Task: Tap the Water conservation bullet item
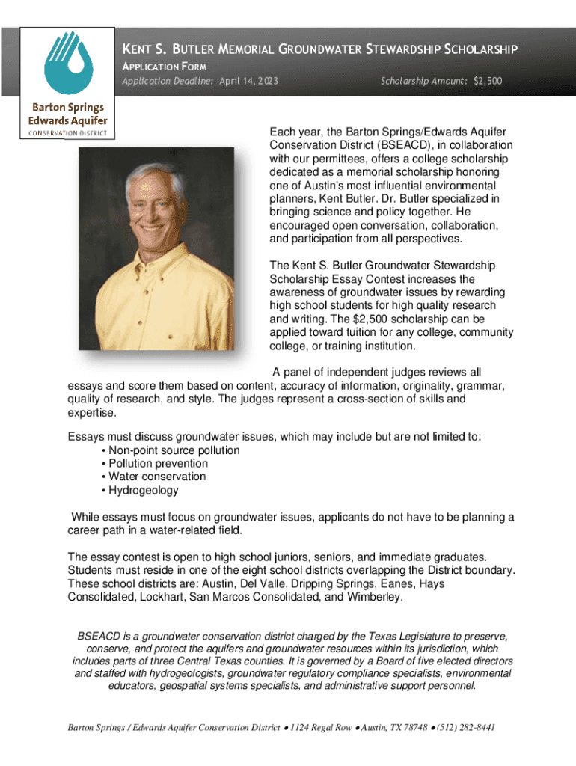[x=157, y=477]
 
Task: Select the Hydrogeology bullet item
[x=144, y=490]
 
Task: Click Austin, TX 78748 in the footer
[x=390, y=728]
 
